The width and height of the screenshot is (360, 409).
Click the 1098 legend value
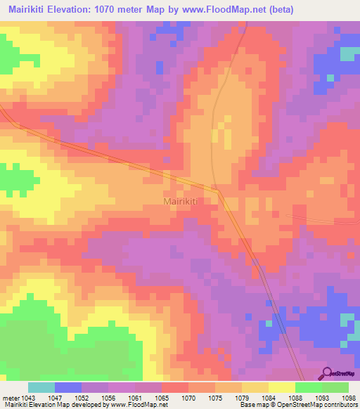(x=349, y=397)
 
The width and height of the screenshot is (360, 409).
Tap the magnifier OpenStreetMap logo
(x=326, y=373)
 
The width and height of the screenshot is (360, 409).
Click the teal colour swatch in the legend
(x=41, y=387)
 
